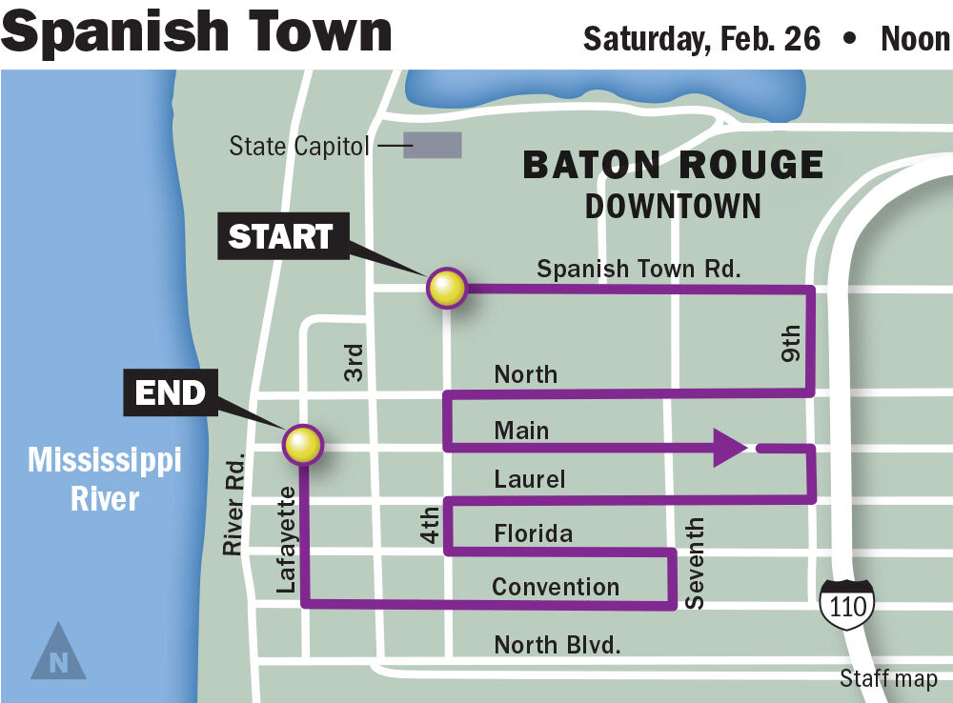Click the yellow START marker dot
click(x=446, y=288)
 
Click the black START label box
click(x=280, y=236)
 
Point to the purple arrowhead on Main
click(x=729, y=447)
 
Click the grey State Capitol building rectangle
click(x=433, y=145)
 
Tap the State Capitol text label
click(x=298, y=147)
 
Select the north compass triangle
click(x=58, y=653)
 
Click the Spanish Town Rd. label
click(x=638, y=269)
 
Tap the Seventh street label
click(x=696, y=564)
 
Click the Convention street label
click(x=555, y=586)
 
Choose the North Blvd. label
click(x=557, y=645)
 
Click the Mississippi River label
click(x=104, y=479)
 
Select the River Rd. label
click(x=234, y=505)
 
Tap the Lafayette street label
click(x=286, y=538)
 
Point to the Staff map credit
click(x=887, y=679)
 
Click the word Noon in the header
click(x=915, y=39)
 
